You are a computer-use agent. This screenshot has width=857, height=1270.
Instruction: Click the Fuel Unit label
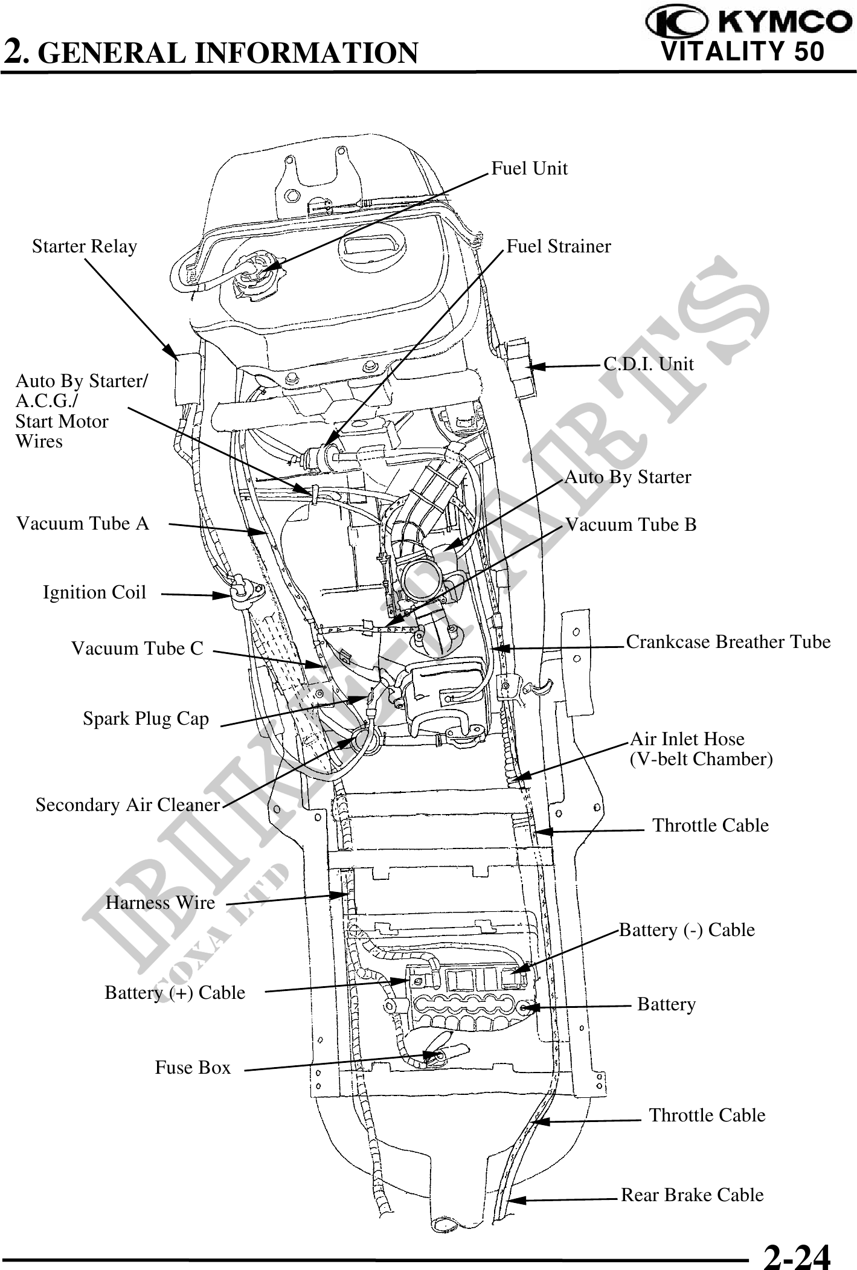click(529, 168)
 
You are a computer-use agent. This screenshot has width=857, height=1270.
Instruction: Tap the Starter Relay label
click(85, 246)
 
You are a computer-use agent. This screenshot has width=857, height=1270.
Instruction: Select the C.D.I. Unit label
click(649, 364)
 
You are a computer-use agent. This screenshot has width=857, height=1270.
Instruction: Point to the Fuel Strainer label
click(559, 246)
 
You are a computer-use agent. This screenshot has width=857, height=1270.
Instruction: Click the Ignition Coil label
click(94, 592)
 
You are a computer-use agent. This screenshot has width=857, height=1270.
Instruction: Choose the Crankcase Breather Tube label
click(728, 641)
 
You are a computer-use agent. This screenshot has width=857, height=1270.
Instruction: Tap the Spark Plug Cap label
click(146, 719)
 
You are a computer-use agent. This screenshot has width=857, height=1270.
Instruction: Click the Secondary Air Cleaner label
click(127, 805)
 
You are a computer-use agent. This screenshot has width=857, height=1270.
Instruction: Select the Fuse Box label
click(193, 1068)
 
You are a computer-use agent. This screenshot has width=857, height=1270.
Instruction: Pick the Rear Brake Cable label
click(692, 1195)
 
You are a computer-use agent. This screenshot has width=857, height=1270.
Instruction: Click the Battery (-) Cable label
click(687, 929)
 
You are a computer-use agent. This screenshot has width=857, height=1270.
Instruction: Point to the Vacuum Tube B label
click(631, 525)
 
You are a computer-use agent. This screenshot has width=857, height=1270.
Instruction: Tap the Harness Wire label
click(160, 903)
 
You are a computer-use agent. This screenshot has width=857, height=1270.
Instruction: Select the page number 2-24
click(797, 1252)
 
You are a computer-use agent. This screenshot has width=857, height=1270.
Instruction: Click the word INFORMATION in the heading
click(306, 53)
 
